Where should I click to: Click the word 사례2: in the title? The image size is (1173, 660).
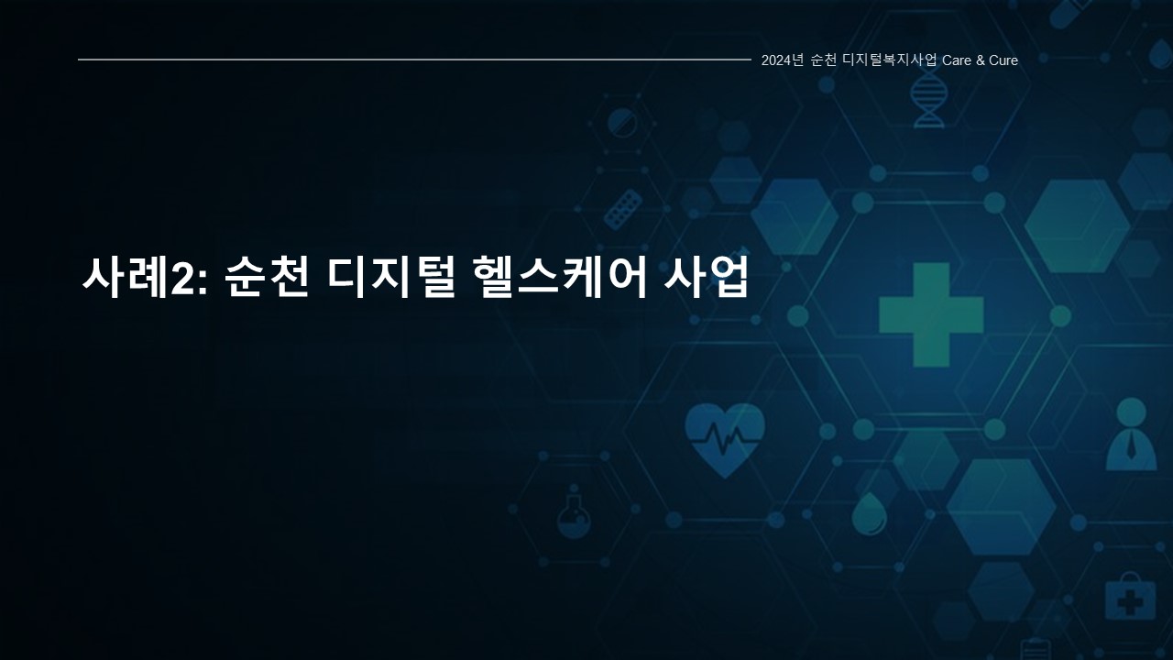pos(145,278)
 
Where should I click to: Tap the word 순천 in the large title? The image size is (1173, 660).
pos(267,278)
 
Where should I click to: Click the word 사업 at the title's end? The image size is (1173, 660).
pos(706,278)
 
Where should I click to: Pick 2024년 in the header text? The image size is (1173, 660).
pos(782,60)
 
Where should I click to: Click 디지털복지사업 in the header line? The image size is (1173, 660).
pos(889,60)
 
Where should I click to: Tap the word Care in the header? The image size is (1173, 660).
pos(956,60)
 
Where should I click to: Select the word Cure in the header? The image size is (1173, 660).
pos(1003,60)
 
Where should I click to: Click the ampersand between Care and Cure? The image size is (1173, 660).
pos(980,60)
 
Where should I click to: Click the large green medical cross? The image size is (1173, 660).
pos(931,314)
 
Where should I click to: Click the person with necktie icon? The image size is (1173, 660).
pos(1131,434)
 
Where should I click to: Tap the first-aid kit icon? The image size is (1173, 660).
pos(1130,598)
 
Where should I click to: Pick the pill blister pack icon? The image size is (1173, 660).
pos(623,210)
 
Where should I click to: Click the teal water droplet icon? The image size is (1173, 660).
pos(870,514)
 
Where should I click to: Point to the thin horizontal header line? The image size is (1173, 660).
pos(414,60)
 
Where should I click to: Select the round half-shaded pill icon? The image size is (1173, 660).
pos(622,124)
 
